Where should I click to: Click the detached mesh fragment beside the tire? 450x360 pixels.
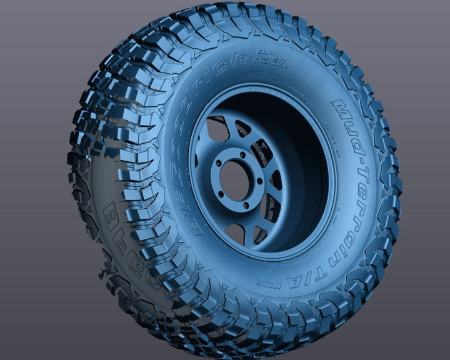tap(98, 273)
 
